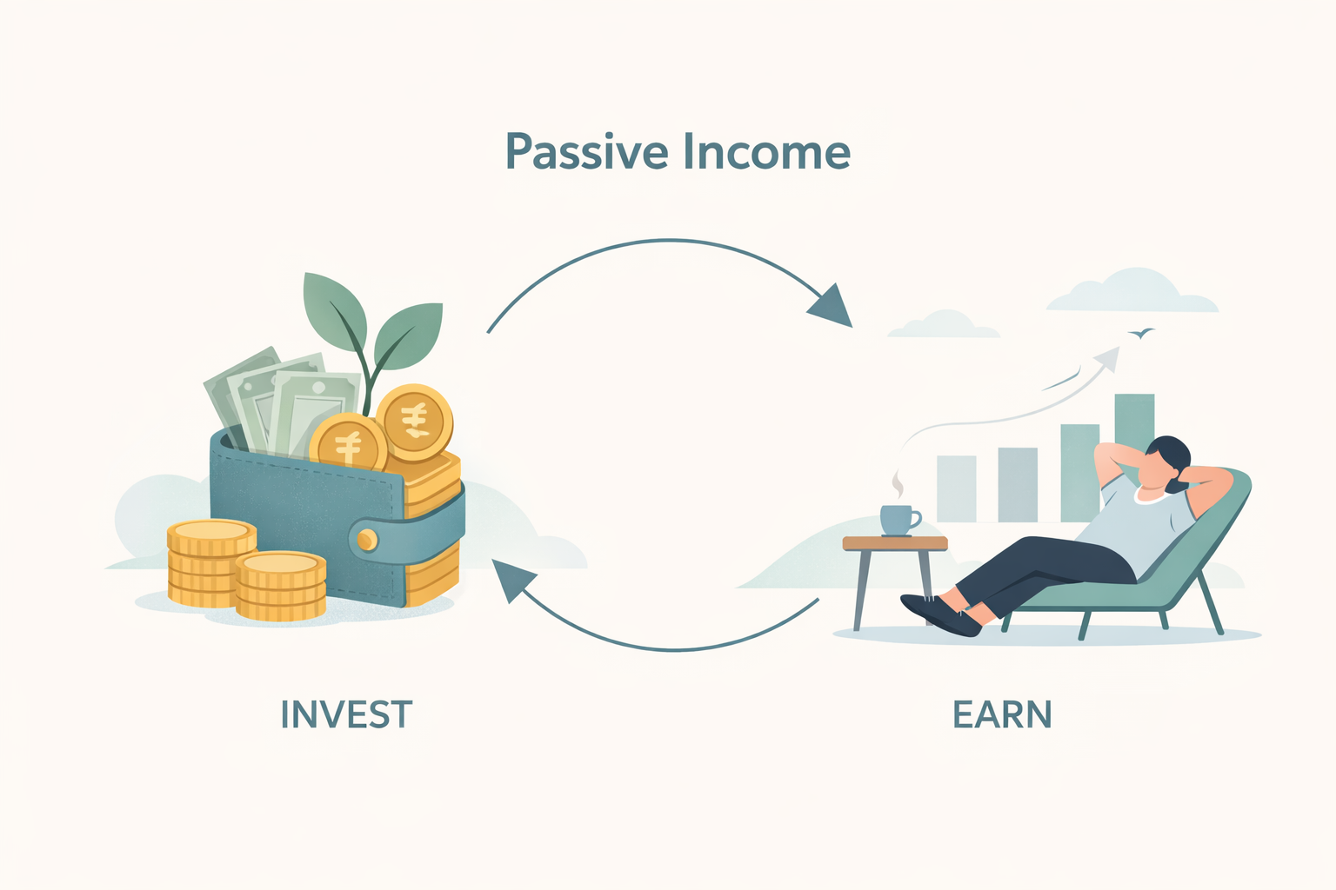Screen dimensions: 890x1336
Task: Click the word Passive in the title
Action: (587, 153)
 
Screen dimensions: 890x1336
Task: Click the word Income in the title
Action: (766, 152)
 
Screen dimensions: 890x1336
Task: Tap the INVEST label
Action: (346, 714)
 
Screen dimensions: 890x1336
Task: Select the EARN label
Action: (1002, 714)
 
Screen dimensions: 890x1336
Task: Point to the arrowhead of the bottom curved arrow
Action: (513, 580)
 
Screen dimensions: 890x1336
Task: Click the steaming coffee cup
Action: (898, 519)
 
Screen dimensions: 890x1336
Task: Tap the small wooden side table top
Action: (895, 543)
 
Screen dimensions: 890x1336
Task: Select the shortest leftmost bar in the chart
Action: (956, 488)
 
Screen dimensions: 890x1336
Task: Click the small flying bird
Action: (1141, 333)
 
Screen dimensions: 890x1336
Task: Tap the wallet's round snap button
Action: (368, 540)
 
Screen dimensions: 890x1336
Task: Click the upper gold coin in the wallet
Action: (415, 422)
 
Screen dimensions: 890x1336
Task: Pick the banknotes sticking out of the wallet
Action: (278, 400)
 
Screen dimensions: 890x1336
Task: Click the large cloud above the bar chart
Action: (1131, 292)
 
